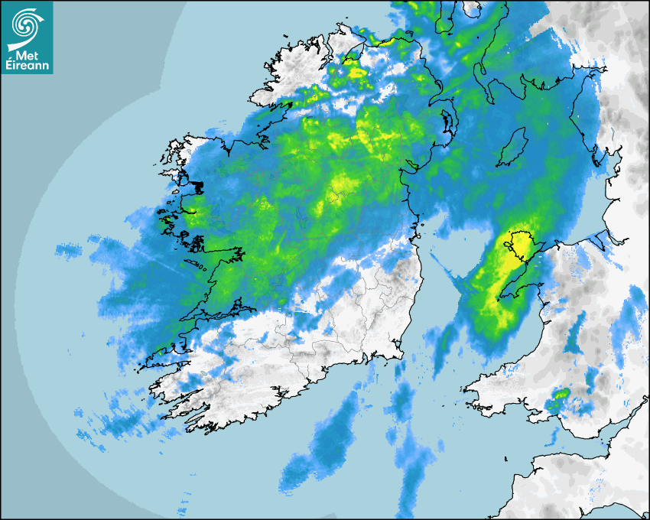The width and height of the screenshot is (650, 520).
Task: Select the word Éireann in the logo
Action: [x=28, y=67]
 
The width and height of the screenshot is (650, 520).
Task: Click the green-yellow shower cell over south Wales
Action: [x=560, y=395]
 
